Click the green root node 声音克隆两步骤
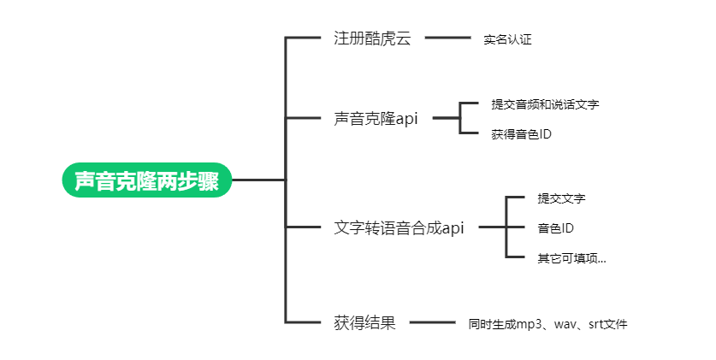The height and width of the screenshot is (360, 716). point(146,180)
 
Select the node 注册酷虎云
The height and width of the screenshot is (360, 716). point(372,38)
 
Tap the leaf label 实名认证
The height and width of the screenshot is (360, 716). point(507,39)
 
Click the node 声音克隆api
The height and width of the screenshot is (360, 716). point(376,119)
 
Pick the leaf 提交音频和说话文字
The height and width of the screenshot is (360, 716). point(545,104)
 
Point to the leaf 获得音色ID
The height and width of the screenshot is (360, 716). point(521,133)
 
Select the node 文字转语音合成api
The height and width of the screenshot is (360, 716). point(399,228)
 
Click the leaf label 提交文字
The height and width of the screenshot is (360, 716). point(561,198)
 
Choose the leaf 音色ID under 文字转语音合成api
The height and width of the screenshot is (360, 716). point(555,228)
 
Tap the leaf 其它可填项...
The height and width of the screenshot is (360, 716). point(571,257)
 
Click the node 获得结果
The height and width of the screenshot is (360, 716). point(364,323)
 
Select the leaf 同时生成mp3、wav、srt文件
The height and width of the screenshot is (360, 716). point(547,324)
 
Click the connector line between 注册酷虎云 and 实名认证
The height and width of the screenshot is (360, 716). point(447,38)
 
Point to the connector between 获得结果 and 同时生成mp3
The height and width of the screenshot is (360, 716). point(433,323)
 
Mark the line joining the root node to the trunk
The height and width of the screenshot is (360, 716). point(258,180)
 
